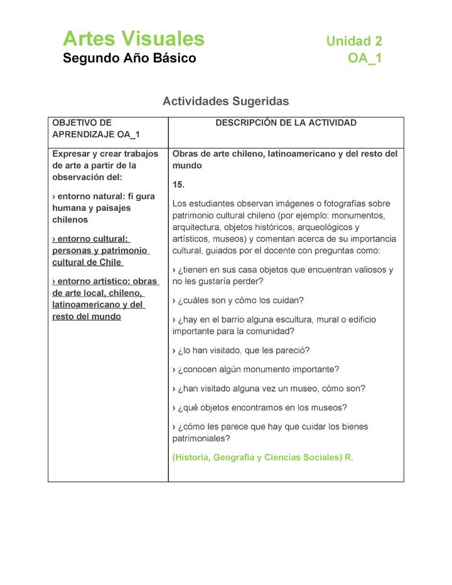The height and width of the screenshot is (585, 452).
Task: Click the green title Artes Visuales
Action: pos(133,39)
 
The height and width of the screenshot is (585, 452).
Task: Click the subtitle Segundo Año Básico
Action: pos(129,58)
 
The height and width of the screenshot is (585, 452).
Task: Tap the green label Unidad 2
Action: pos(353,41)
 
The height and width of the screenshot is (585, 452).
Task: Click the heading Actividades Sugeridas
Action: pos(225,101)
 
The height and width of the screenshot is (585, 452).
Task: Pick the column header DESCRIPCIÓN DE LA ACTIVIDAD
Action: pos(286,123)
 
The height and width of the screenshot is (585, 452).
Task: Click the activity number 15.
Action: pos(179,185)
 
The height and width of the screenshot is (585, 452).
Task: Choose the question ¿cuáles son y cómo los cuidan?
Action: pos(238,301)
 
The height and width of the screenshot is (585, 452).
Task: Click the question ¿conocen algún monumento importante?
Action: pos(256,369)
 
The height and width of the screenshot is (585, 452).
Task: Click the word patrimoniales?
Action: pos(201,439)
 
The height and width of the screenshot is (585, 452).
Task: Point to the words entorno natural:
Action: pos(92,196)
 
